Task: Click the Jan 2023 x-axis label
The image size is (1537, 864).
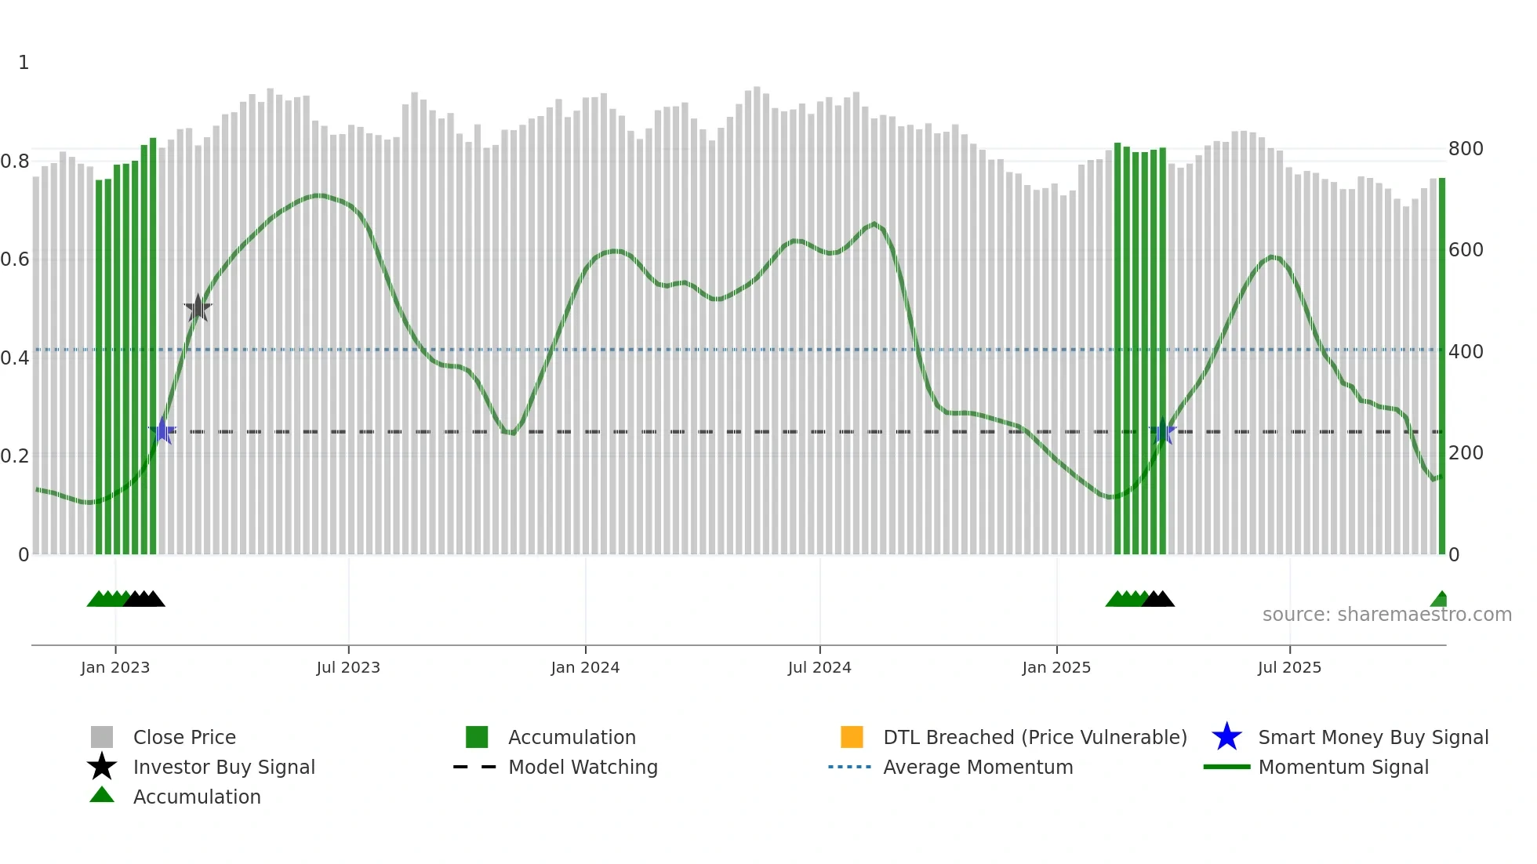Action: pyautogui.click(x=114, y=667)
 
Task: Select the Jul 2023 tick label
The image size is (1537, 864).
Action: pyautogui.click(x=348, y=667)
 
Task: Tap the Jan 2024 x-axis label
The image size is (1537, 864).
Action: pyautogui.click(x=585, y=667)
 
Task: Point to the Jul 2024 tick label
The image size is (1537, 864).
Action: pyautogui.click(x=819, y=667)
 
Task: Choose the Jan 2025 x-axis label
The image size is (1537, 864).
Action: pyautogui.click(x=1056, y=667)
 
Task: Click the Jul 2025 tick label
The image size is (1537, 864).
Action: pyautogui.click(x=1289, y=667)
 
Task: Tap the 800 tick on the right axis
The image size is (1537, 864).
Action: pyautogui.click(x=1466, y=149)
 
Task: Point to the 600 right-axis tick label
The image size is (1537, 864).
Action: pyautogui.click(x=1466, y=250)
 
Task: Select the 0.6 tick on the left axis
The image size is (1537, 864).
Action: pyautogui.click(x=15, y=260)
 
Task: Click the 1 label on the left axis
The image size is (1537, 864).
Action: pyautogui.click(x=24, y=63)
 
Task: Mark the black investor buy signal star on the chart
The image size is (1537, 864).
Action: pyautogui.click(x=198, y=308)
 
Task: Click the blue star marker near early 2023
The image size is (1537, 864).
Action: pyautogui.click(x=162, y=430)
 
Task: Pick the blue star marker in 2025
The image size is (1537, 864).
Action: pyautogui.click(x=1163, y=431)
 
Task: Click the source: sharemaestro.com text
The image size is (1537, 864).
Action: pyautogui.click(x=1386, y=615)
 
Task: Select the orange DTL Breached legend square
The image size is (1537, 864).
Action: pyautogui.click(x=852, y=737)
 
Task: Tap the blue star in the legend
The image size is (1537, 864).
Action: pyautogui.click(x=1226, y=737)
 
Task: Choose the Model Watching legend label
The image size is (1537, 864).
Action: pyautogui.click(x=583, y=767)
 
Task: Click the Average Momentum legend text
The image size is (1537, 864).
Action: pyautogui.click(x=978, y=767)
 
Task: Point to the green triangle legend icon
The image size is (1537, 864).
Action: pyautogui.click(x=102, y=795)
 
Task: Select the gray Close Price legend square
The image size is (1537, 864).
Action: pyautogui.click(x=102, y=737)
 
